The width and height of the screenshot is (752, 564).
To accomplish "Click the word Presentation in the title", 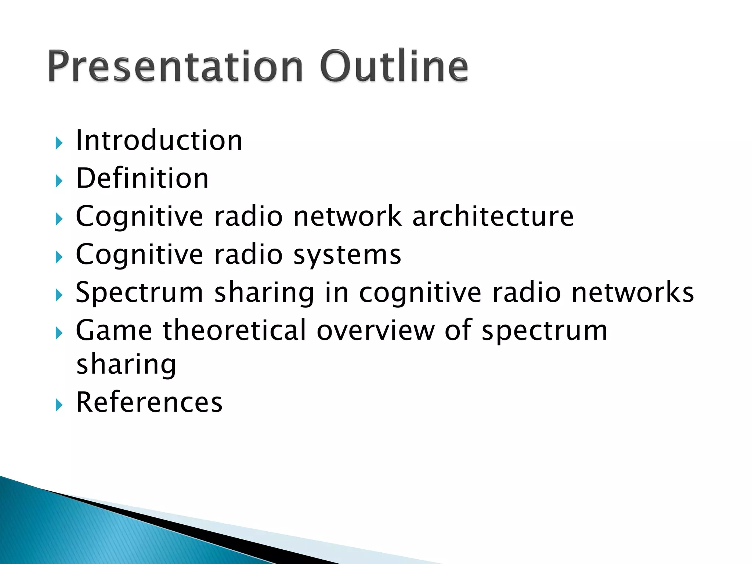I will (175, 66).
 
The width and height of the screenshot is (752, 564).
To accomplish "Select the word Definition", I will (142, 178).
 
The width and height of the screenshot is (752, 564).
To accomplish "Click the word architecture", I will (493, 216).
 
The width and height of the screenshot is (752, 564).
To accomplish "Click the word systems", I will (347, 254).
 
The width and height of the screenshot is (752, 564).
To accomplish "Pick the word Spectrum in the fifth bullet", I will (139, 293).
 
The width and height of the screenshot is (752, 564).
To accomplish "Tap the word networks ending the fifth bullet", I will (633, 293).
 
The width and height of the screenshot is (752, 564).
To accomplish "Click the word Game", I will (114, 330).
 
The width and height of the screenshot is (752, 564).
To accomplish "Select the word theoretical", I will (234, 330).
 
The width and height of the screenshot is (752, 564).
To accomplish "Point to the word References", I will (149, 402).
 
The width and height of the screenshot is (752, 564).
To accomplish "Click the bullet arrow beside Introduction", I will (59, 142).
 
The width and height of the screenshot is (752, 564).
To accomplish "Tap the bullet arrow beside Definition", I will (59, 181).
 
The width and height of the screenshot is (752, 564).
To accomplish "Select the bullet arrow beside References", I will (59, 405).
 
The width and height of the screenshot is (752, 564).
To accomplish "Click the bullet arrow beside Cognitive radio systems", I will (59, 257).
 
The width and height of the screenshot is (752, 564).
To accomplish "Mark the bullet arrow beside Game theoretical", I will (59, 333).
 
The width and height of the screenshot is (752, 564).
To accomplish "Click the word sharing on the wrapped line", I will (126, 365).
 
